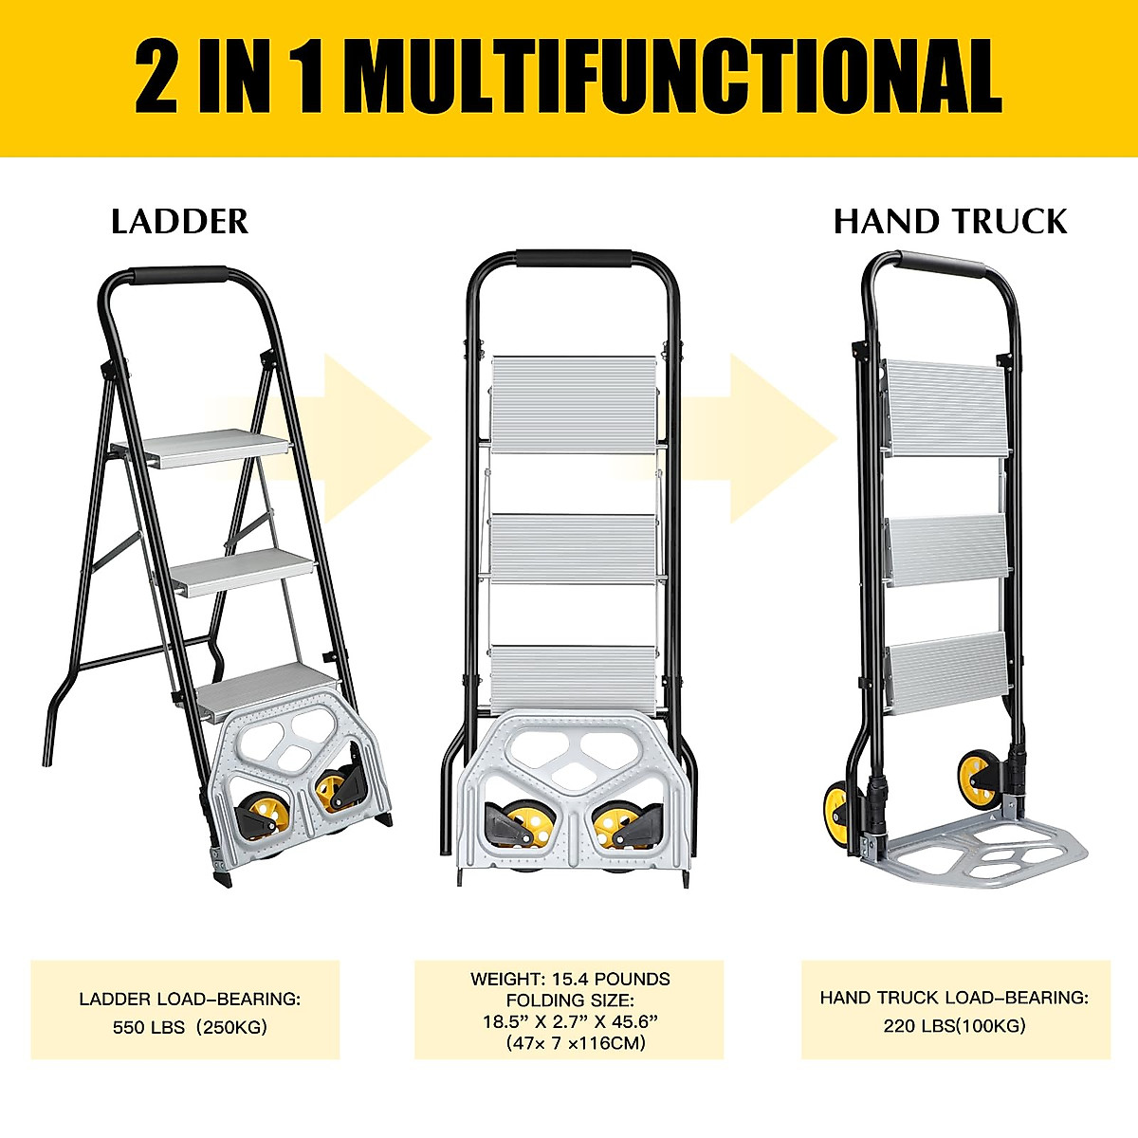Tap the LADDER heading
coord(179,222)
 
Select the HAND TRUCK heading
coord(950,222)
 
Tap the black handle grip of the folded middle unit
coord(574,259)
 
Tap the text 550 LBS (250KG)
coord(190,1027)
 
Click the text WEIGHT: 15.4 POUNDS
coord(570,979)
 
